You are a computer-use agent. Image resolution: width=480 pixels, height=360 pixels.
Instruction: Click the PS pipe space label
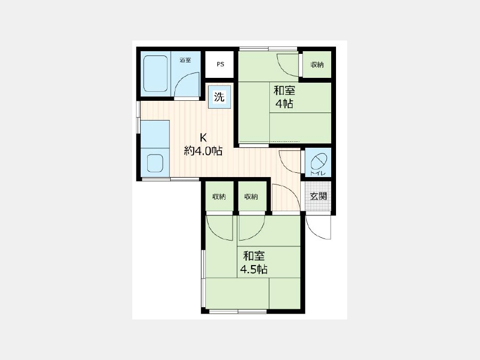click(x=220, y=65)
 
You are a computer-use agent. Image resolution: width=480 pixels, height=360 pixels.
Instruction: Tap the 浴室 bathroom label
click(x=185, y=60)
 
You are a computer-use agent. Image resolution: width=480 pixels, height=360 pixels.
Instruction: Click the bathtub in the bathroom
click(x=156, y=74)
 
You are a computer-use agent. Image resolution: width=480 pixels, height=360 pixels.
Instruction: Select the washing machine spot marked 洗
click(x=219, y=97)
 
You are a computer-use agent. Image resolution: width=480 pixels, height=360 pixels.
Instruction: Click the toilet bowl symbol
click(x=319, y=161)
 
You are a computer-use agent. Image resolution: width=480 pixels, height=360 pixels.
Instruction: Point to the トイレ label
click(x=318, y=173)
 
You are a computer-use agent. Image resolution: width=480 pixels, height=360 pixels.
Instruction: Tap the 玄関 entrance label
click(x=318, y=196)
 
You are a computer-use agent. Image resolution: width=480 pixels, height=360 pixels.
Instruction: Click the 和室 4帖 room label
click(x=284, y=98)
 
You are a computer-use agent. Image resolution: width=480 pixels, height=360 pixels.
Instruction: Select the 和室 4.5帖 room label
click(x=254, y=262)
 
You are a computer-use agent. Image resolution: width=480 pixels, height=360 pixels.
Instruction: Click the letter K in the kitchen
click(x=203, y=138)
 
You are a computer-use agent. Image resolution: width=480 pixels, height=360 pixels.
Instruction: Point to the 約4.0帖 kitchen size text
click(x=203, y=151)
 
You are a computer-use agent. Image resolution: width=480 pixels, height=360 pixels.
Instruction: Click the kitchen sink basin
click(x=155, y=163)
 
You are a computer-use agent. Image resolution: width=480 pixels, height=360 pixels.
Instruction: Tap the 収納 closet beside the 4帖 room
click(x=317, y=65)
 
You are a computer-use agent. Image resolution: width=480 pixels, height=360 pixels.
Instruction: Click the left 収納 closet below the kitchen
click(x=219, y=196)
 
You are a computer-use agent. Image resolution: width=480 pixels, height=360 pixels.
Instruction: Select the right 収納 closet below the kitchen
click(x=251, y=196)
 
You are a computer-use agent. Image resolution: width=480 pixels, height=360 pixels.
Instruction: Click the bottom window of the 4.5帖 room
click(x=238, y=311)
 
